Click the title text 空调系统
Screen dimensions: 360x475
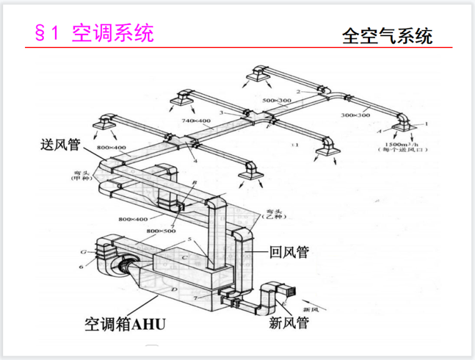pos(112,33)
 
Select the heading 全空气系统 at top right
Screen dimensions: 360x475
pos(387,36)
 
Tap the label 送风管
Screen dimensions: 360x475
pos(57,146)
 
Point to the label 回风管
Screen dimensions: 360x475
pos(289,252)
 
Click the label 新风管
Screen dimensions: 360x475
pos(289,322)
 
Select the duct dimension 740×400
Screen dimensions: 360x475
pos(197,120)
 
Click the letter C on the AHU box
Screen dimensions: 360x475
pos(184,257)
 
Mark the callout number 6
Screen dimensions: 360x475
pos(81,267)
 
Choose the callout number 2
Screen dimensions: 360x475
pos(299,92)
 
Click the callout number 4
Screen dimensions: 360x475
pos(196,161)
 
